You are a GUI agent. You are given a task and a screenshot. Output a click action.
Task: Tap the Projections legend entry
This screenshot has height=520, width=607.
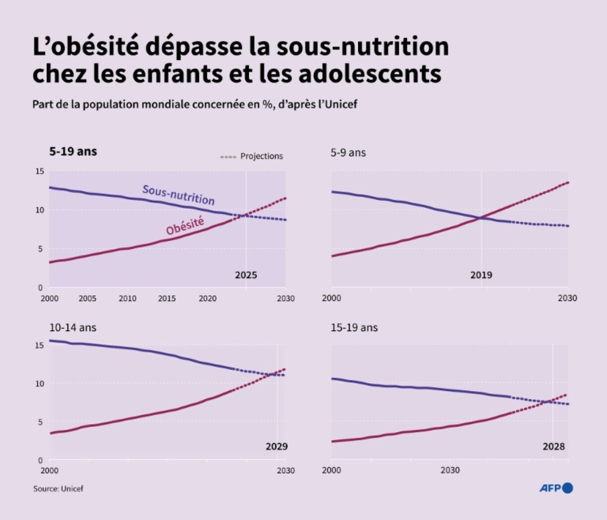coord(261,156)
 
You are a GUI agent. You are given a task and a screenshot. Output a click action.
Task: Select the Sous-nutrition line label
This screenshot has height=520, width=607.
coord(179,195)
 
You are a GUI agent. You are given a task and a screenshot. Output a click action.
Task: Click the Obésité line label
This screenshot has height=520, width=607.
coord(185,226)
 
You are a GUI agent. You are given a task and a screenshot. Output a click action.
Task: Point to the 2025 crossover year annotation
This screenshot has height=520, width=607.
coord(246,275)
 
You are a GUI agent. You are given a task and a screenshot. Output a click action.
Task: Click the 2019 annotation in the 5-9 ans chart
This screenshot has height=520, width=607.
coord(481,275)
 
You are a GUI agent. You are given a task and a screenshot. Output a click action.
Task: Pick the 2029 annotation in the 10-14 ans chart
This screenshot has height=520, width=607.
coord(276,446)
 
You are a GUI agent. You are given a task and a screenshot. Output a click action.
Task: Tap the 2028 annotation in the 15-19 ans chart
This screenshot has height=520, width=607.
coord(553,446)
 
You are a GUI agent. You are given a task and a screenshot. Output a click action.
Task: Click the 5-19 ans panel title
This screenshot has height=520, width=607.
coord(73,152)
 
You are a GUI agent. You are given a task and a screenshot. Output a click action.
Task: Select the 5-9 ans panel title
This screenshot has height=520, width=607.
coord(348,153)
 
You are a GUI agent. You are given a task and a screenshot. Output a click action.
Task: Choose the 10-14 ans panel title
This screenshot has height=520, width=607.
coord(73,328)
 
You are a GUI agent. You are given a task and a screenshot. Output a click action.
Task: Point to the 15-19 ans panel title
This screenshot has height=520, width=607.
coord(354,328)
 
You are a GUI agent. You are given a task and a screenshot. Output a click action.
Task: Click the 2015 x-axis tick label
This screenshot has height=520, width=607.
coord(167,298)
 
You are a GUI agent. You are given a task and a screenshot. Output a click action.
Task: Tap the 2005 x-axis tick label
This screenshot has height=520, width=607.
coord(87,298)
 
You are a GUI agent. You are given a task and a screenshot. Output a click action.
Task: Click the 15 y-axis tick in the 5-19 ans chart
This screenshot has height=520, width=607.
coord(39,172)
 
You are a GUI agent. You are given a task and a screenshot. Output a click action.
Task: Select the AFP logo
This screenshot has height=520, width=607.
coord(556,488)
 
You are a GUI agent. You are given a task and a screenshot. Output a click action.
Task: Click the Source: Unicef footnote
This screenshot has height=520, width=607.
coord(58,489)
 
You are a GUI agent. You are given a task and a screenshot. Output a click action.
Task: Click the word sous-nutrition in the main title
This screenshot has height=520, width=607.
coord(362,46)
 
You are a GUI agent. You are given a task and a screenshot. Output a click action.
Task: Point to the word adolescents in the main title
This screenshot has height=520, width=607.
coord(370,74)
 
